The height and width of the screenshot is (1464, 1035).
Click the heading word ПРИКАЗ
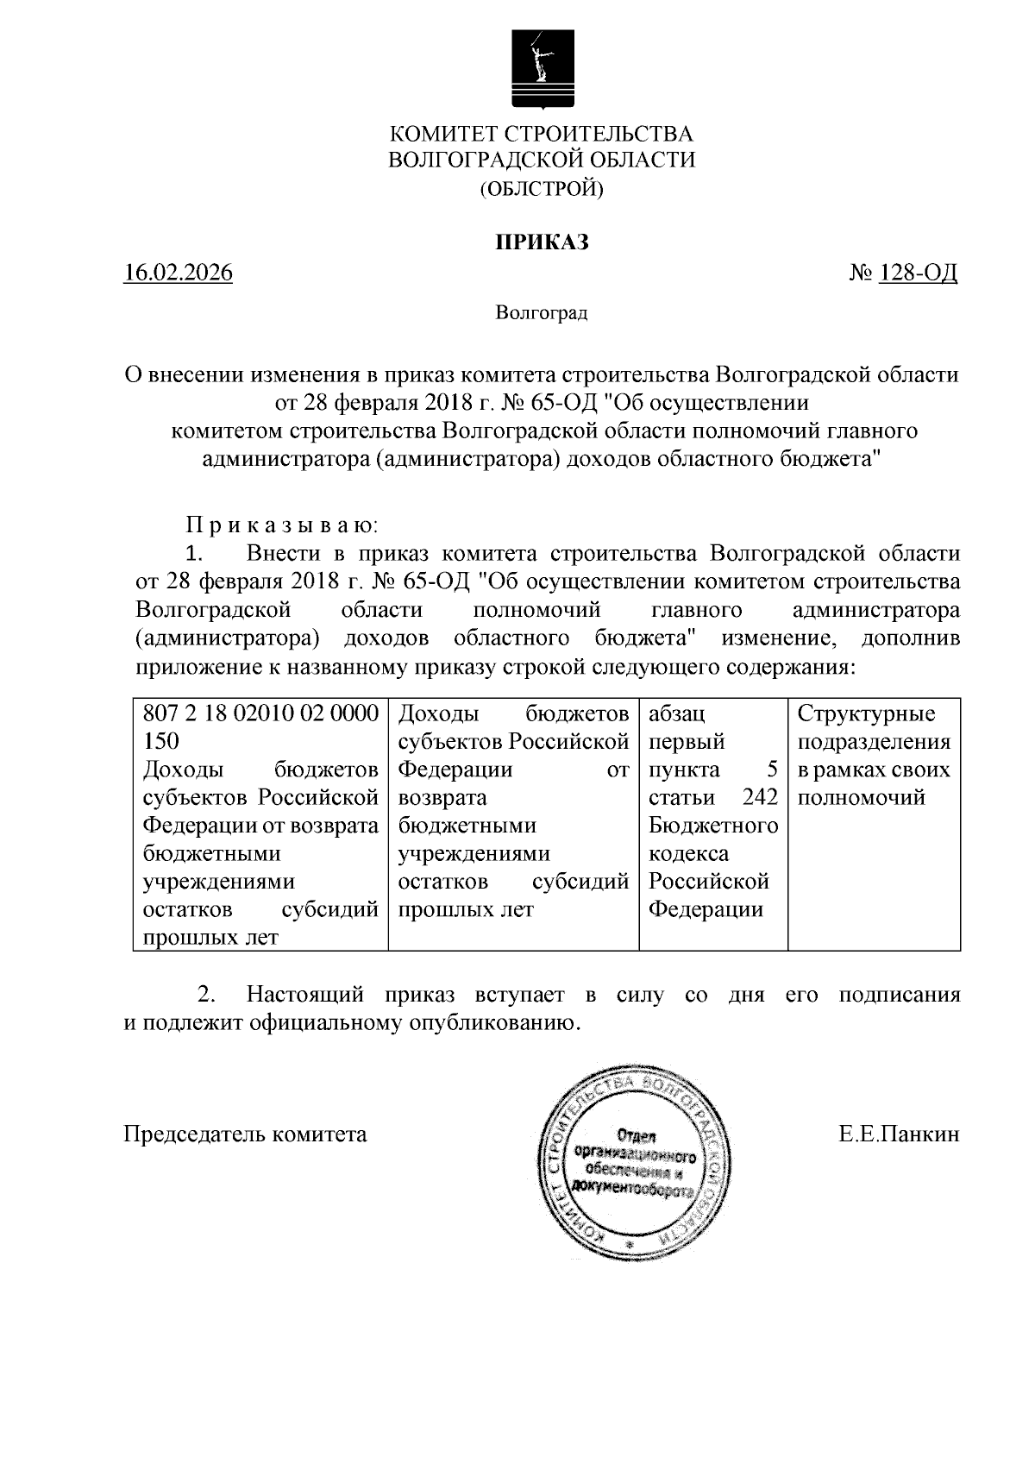pos(541,242)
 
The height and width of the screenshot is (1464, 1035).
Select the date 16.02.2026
pos(178,273)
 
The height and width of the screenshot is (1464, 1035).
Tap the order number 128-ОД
pos(917,273)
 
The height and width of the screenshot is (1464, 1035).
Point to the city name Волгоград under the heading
pos(541,312)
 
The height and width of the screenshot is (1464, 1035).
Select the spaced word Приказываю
pos(281,525)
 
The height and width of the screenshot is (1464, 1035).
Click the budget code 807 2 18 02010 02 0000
pos(260,713)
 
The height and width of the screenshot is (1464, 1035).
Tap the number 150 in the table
pos(160,741)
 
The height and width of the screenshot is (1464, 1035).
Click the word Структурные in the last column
pos(866,713)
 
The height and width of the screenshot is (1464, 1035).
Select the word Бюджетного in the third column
pos(712,826)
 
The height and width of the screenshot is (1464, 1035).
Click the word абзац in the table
pos(676,713)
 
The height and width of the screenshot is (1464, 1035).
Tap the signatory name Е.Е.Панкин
pos(899,1134)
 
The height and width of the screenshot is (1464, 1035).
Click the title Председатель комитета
pos(246,1134)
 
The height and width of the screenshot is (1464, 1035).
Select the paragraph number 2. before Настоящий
pos(206,995)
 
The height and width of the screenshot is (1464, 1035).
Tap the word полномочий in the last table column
pos(860,797)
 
